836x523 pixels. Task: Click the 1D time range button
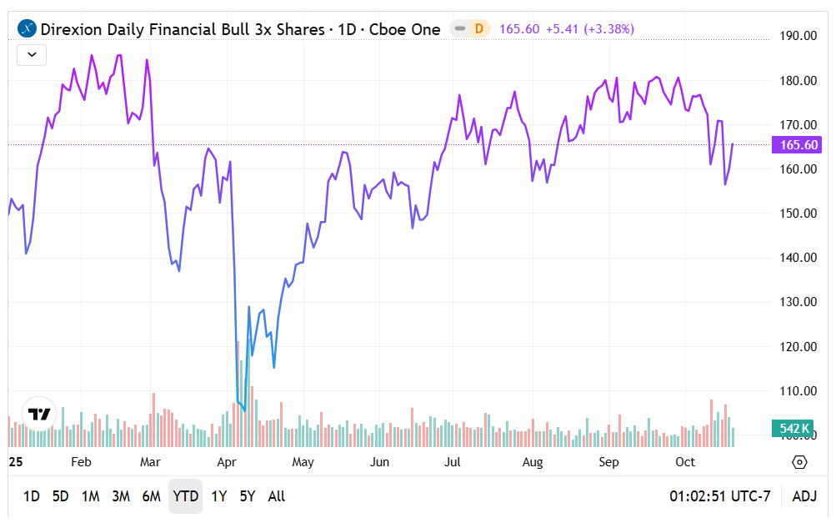point(31,496)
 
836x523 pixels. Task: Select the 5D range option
point(61,496)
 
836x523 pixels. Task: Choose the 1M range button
point(91,496)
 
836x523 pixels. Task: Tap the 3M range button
point(121,496)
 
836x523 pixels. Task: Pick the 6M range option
point(151,496)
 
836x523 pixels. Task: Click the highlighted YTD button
point(185,496)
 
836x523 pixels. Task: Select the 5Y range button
point(248,496)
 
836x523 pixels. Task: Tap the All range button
point(277,496)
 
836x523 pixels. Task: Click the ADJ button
point(804,496)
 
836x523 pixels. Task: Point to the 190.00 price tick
point(798,36)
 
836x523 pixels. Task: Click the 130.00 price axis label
point(798,302)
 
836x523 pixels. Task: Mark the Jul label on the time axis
point(454,462)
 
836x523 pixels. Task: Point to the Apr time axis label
point(228,462)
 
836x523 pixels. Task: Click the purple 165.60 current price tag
point(799,145)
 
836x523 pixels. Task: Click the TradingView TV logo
point(39,413)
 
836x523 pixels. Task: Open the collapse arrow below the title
point(32,55)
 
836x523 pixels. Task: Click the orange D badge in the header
point(478,29)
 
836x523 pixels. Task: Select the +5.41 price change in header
point(563,29)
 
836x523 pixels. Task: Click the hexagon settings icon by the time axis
point(799,462)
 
